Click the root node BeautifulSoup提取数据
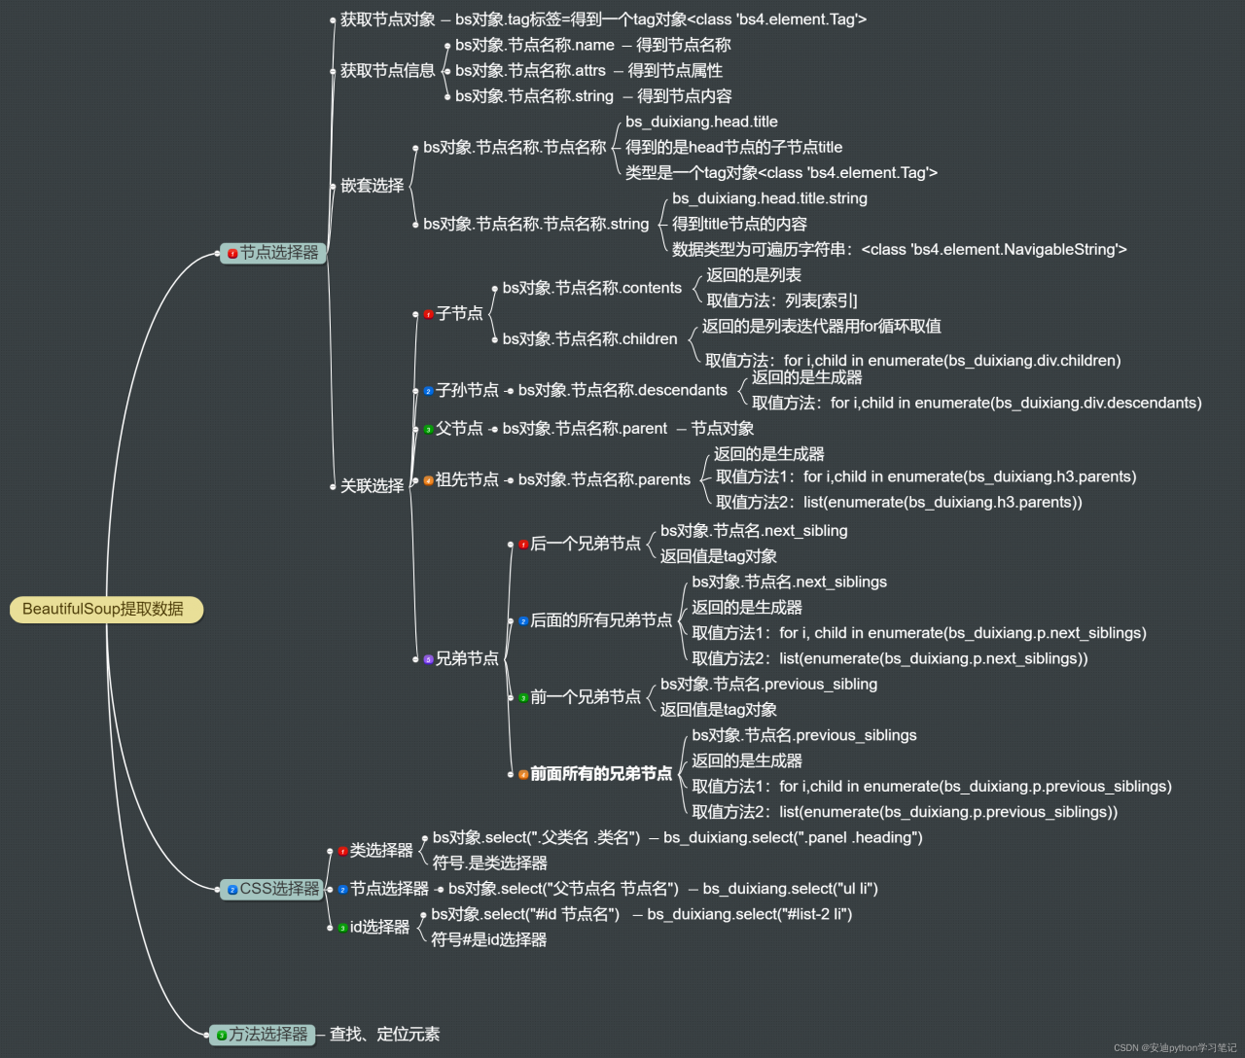pyautogui.click(x=105, y=610)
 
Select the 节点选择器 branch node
pyautogui.click(x=273, y=253)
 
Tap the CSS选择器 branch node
pyautogui.click(x=273, y=889)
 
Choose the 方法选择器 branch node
pyautogui.click(x=262, y=1035)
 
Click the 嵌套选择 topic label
pyautogui.click(x=372, y=186)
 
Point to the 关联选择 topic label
pyautogui.click(x=372, y=486)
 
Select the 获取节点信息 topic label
pyautogui.click(x=387, y=71)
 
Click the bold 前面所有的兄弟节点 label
pyautogui.click(x=601, y=774)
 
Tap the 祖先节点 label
pyautogui.click(x=467, y=479)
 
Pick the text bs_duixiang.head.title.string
pyautogui.click(x=769, y=198)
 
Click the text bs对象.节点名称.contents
pyautogui.click(x=591, y=288)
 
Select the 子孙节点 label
pyautogui.click(x=467, y=390)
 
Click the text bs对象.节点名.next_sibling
pyautogui.click(x=754, y=531)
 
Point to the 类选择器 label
pyautogui.click(x=381, y=851)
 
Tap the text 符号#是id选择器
pyautogui.click(x=488, y=940)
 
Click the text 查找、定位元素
pyautogui.click(x=384, y=1035)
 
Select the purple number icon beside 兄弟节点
pyautogui.click(x=428, y=659)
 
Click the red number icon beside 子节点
pyautogui.click(x=428, y=314)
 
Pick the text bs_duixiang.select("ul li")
pyautogui.click(x=790, y=889)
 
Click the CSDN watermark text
pyautogui.click(x=1175, y=1048)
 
